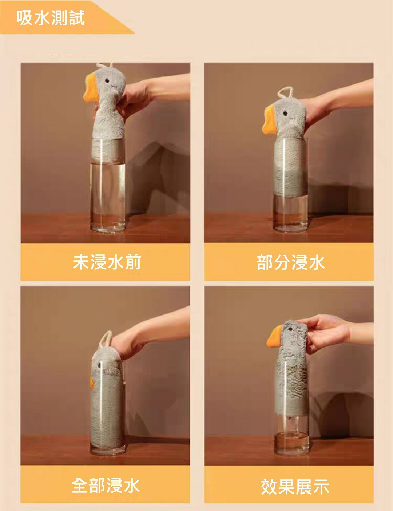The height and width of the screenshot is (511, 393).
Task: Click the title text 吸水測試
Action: click(x=51, y=18)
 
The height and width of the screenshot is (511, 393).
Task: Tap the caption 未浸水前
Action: click(x=107, y=262)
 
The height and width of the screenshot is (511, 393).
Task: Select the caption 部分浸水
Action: click(x=291, y=262)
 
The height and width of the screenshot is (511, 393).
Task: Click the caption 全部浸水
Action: click(x=106, y=486)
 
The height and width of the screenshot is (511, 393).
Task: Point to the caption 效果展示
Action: click(x=295, y=487)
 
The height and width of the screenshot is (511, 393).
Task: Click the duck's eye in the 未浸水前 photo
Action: click(x=107, y=81)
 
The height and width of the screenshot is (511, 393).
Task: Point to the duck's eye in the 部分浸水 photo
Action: click(x=285, y=114)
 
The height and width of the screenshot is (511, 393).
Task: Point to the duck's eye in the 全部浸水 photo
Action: click(x=99, y=365)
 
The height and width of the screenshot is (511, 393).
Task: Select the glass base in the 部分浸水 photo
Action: click(x=290, y=226)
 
